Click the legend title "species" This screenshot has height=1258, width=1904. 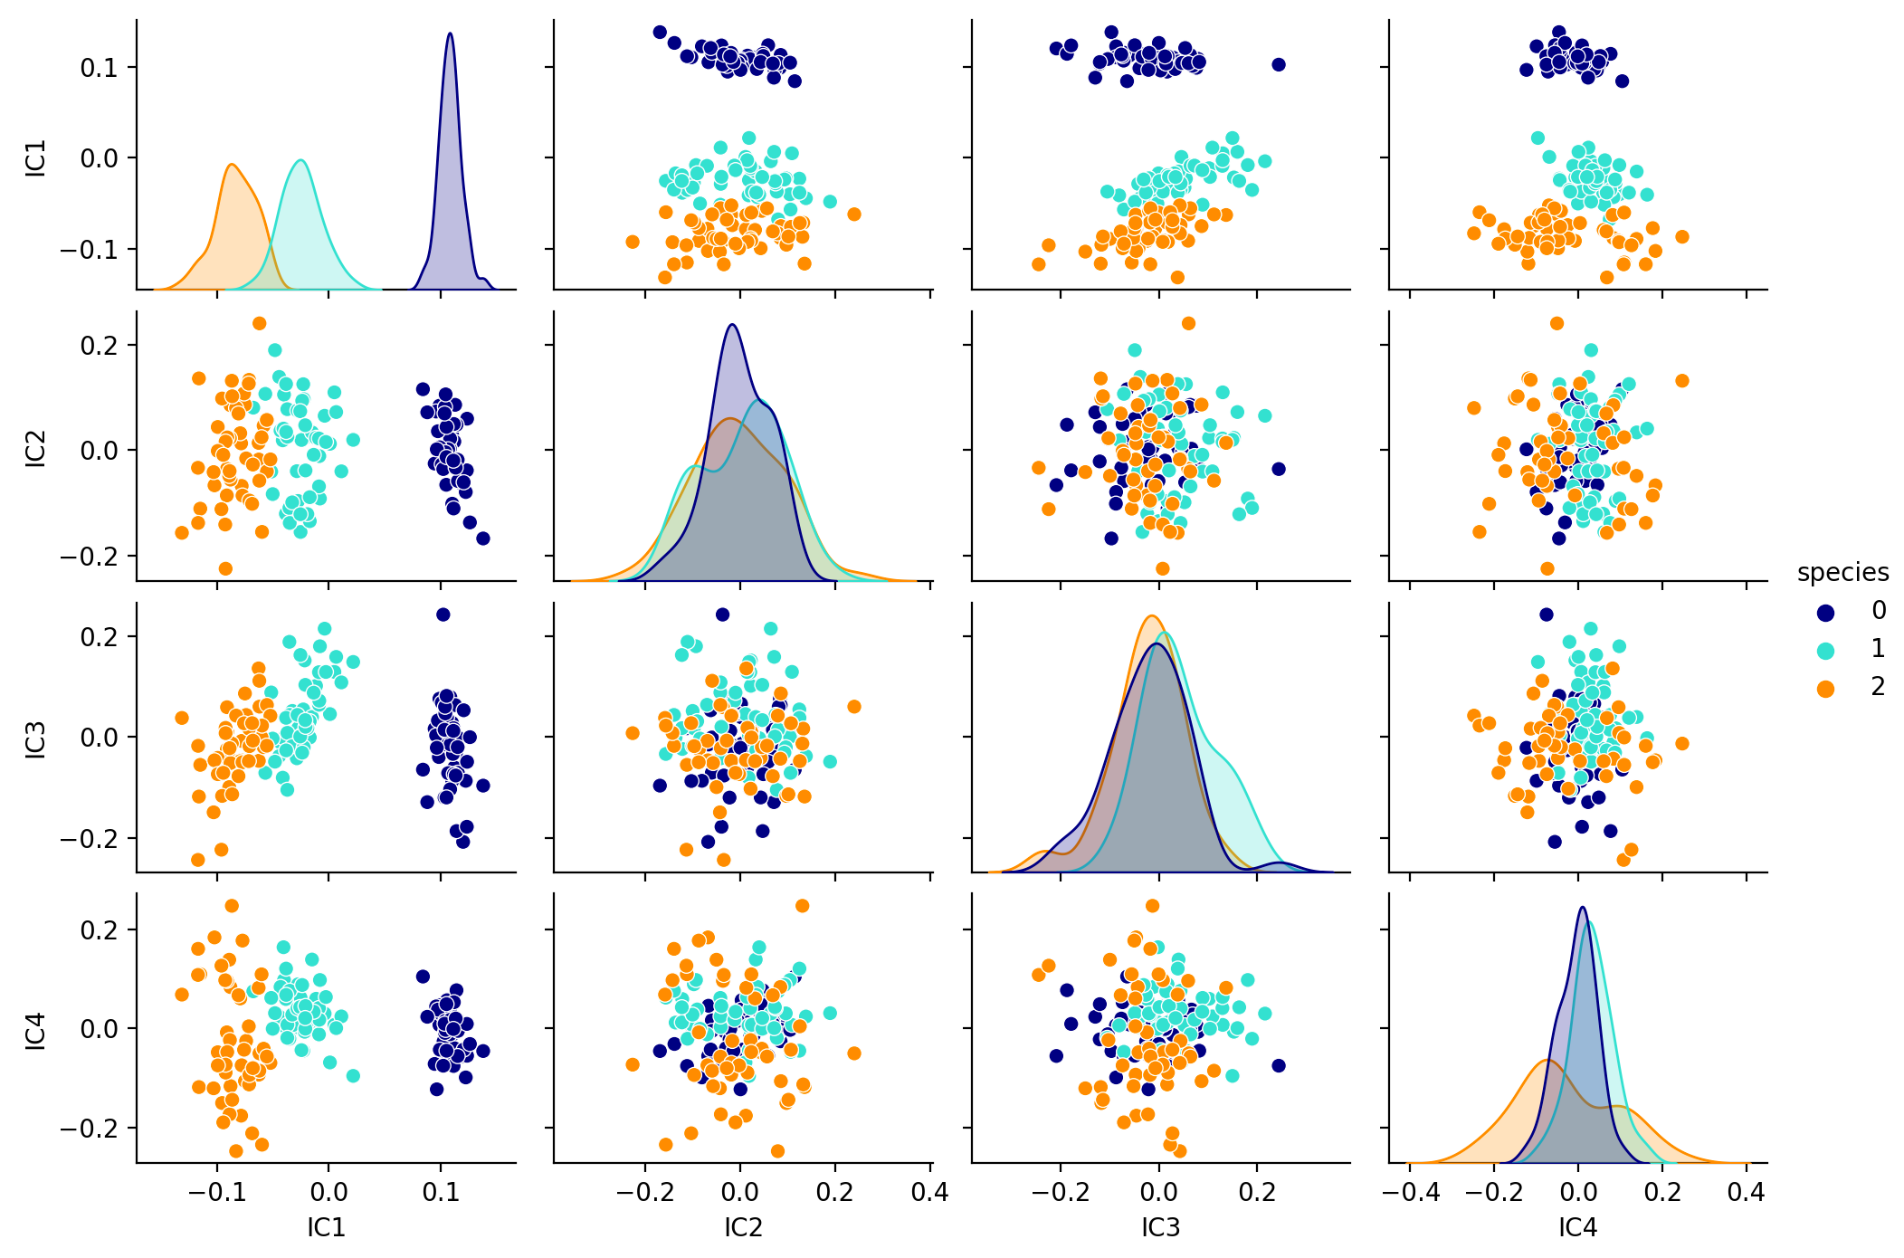pos(1842,573)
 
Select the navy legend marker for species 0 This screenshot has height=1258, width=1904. pos(1826,612)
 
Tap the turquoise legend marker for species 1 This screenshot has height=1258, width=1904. pos(1826,650)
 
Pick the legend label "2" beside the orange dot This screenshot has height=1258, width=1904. pos(1878,687)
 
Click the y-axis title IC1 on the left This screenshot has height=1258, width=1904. pos(35,158)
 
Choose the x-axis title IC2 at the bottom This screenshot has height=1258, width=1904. pos(743,1227)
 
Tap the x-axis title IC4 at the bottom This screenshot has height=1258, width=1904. pos(1577,1227)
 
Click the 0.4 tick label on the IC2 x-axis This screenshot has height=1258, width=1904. pos(930,1193)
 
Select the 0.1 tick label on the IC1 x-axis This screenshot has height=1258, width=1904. pos(441,1193)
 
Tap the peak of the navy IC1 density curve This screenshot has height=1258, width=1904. pos(450,33)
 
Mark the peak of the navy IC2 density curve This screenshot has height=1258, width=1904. pos(732,325)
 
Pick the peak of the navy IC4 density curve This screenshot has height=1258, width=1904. pos(1582,907)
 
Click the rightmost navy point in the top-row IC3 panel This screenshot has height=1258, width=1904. pos(1279,64)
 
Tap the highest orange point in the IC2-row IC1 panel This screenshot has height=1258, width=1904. pos(259,323)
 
